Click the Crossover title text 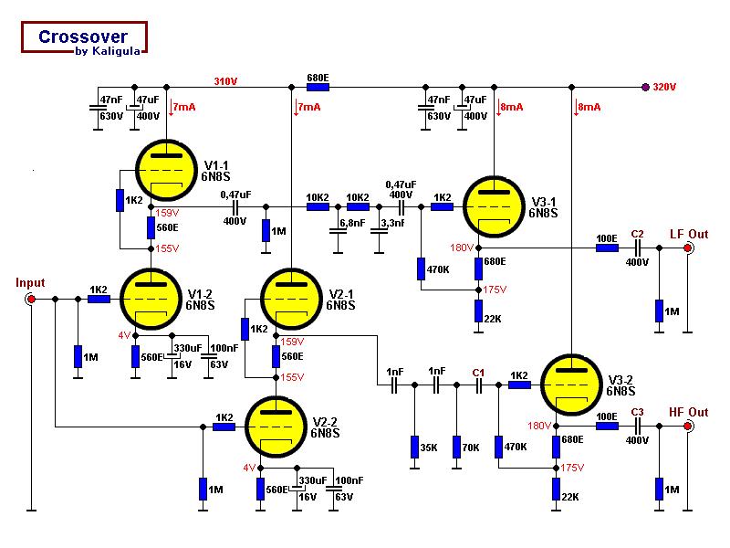click(x=83, y=37)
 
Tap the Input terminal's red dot click(x=31, y=299)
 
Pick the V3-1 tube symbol click(x=494, y=206)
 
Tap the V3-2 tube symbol click(x=571, y=385)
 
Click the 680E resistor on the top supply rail click(x=318, y=88)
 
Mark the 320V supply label click(x=664, y=88)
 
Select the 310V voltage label click(x=225, y=81)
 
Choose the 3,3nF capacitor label click(x=392, y=223)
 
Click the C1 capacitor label click(x=478, y=373)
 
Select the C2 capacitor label click(x=637, y=234)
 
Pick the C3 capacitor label click(x=637, y=412)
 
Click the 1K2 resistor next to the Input click(x=99, y=299)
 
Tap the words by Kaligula click(x=108, y=51)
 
